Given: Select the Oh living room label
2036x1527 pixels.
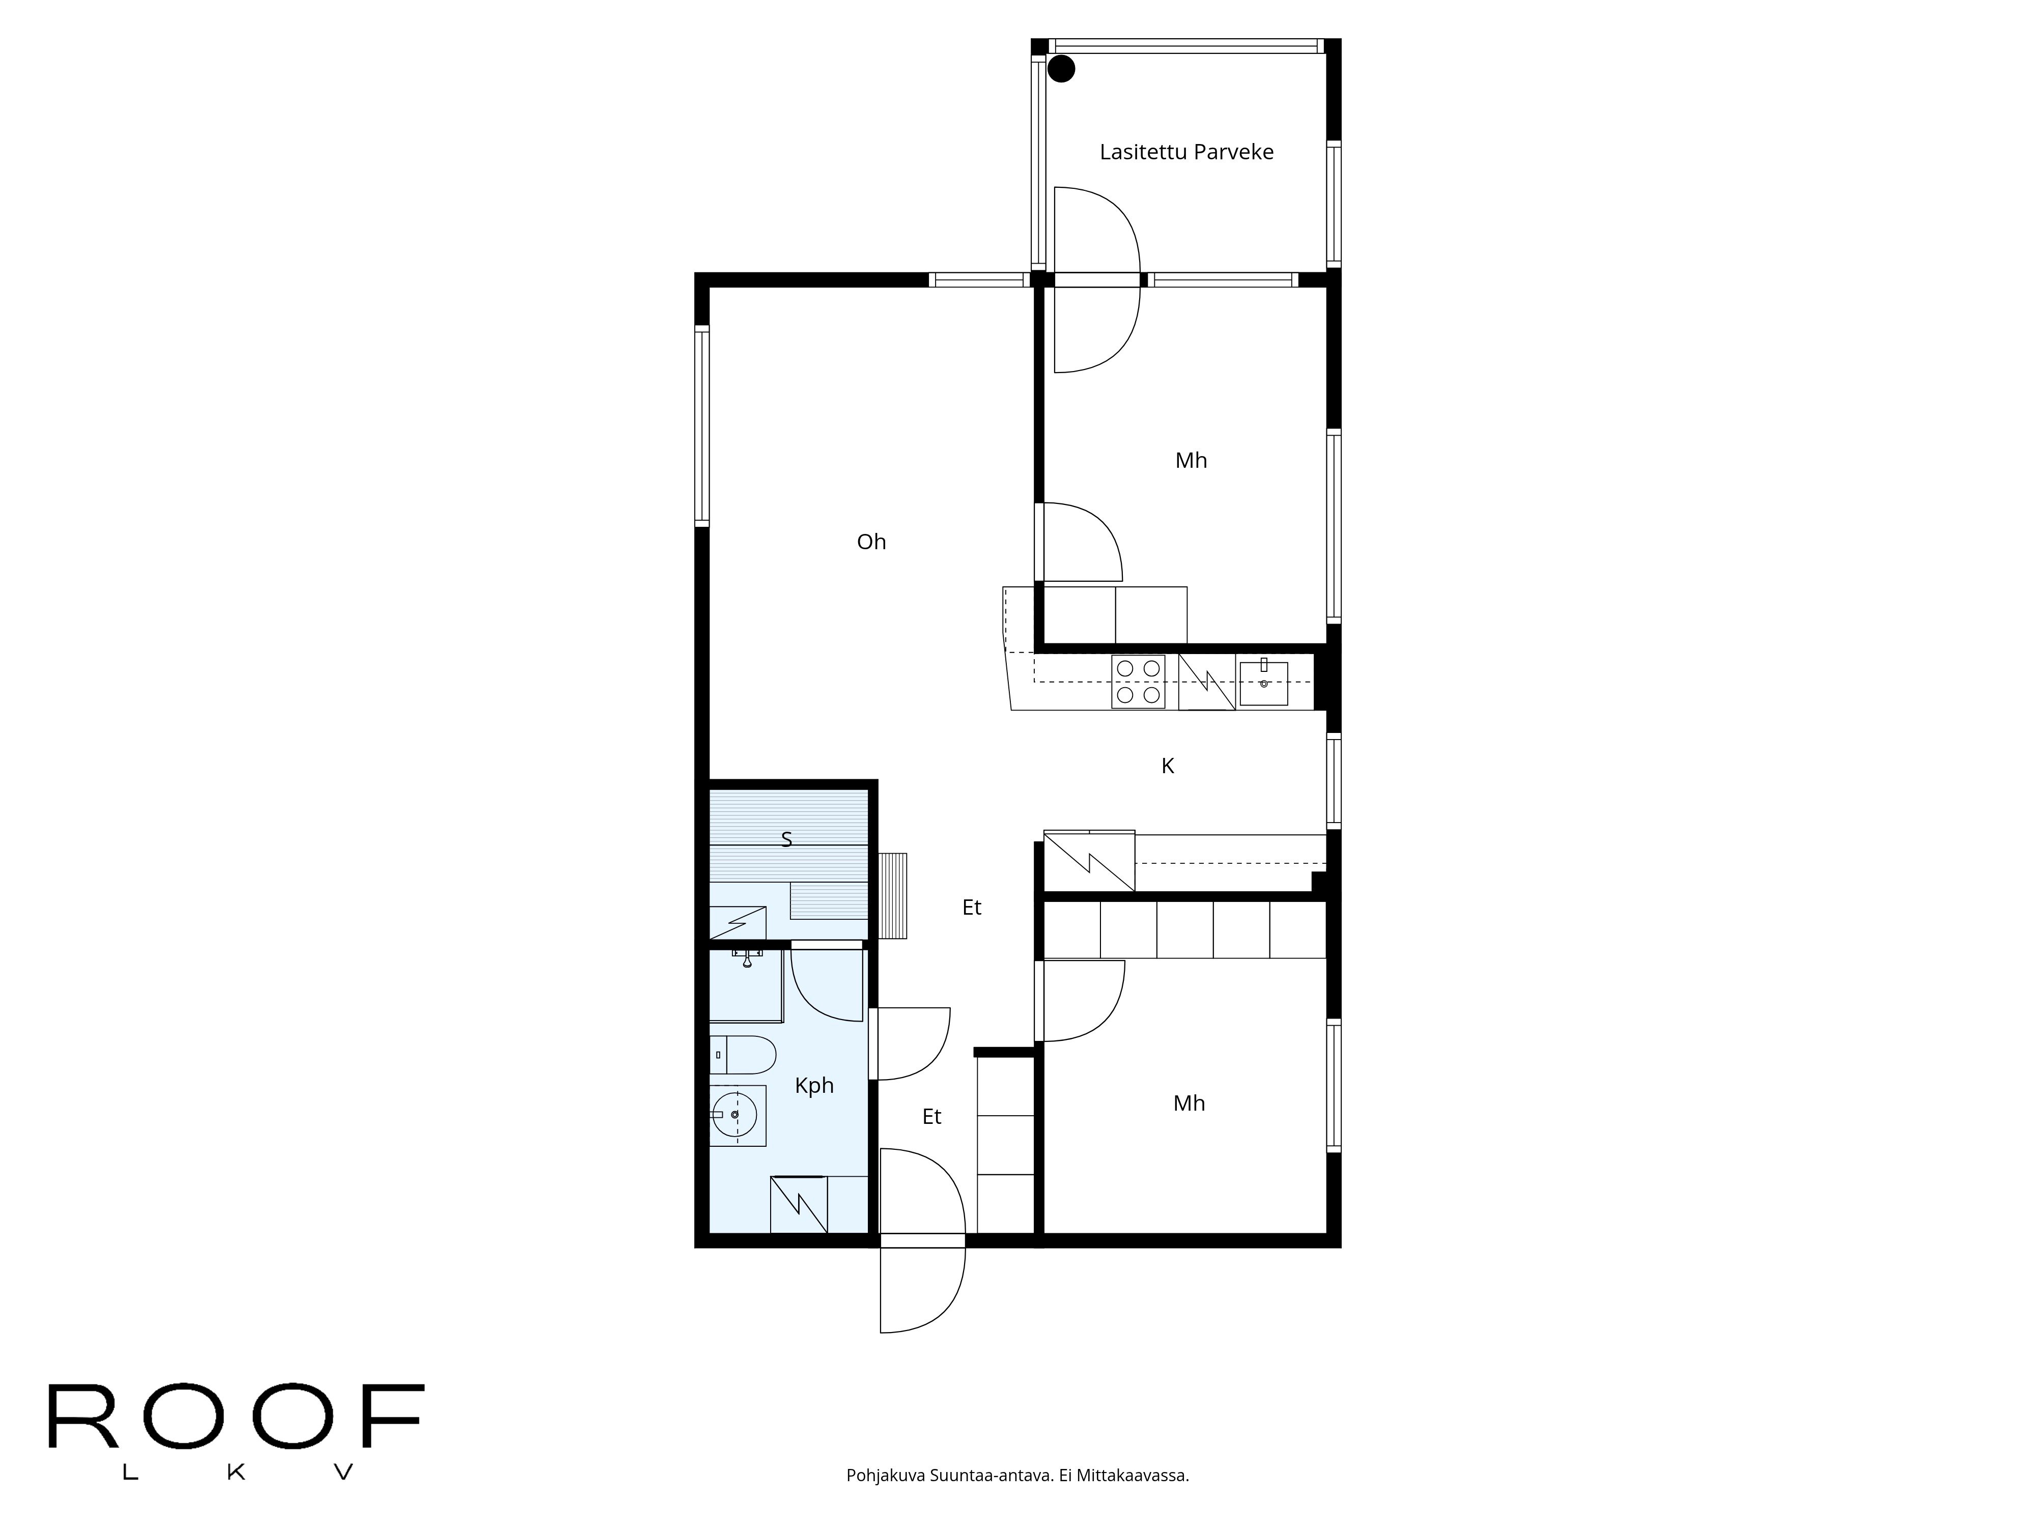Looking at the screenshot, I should click(x=871, y=542).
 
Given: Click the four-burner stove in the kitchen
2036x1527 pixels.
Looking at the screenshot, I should click(x=1138, y=681).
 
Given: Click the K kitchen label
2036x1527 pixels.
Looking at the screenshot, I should click(x=1167, y=766).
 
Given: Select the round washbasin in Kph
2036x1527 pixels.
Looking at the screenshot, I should click(x=737, y=1115).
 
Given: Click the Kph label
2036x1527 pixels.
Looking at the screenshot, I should click(x=814, y=1086).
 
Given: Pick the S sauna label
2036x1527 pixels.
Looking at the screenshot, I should click(x=786, y=839).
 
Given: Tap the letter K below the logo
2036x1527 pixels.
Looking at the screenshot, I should click(x=236, y=1473).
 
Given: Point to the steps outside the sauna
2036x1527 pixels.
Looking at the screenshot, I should click(x=892, y=895).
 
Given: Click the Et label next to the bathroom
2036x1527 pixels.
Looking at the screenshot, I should click(x=931, y=1116).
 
